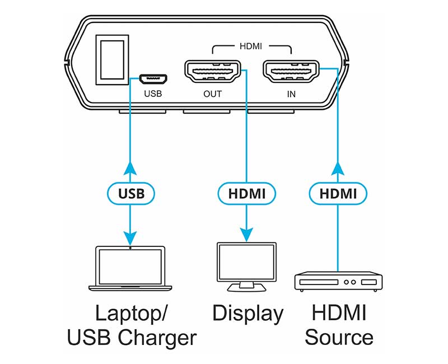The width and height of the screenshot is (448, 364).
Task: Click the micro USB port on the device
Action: click(x=152, y=76)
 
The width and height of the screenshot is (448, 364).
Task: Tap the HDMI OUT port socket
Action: click(x=212, y=72)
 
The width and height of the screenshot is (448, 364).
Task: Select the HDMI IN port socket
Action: click(x=291, y=72)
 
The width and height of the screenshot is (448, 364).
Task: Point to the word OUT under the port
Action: click(x=212, y=94)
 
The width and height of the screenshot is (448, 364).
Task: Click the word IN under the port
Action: click(x=291, y=94)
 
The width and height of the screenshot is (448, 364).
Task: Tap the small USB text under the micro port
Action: click(x=152, y=94)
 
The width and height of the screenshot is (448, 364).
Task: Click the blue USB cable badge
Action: click(x=130, y=194)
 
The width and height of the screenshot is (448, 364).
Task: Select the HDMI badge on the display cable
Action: click(x=246, y=194)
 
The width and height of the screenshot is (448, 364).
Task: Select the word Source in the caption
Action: click(x=339, y=338)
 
